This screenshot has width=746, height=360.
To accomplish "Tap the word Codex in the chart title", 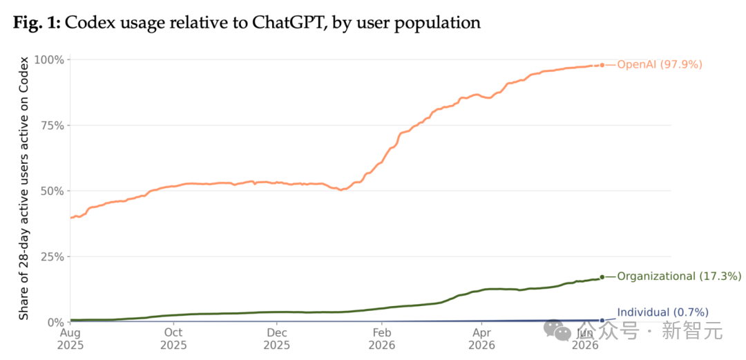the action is click(x=88, y=23).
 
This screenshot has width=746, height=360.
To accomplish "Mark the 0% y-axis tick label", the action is click(x=57, y=323).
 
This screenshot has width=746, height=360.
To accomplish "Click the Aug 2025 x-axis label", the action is click(x=70, y=338).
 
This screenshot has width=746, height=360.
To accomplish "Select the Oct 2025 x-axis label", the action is click(x=174, y=338).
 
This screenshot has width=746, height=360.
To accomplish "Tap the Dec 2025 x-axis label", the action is click(x=277, y=338).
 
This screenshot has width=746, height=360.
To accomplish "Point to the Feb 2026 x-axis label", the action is click(x=382, y=338).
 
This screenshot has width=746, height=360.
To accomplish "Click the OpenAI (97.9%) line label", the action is click(x=660, y=65).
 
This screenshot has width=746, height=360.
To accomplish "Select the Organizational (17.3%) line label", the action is click(x=679, y=276).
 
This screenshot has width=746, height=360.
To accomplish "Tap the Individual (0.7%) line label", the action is click(x=662, y=313).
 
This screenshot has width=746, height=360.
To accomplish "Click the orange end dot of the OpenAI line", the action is click(x=602, y=65).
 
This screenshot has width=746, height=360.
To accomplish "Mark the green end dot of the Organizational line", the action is click(x=602, y=276).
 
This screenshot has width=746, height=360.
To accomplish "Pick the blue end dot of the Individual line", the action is click(x=602, y=321).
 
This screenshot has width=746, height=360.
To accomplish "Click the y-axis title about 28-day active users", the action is click(x=23, y=188).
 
